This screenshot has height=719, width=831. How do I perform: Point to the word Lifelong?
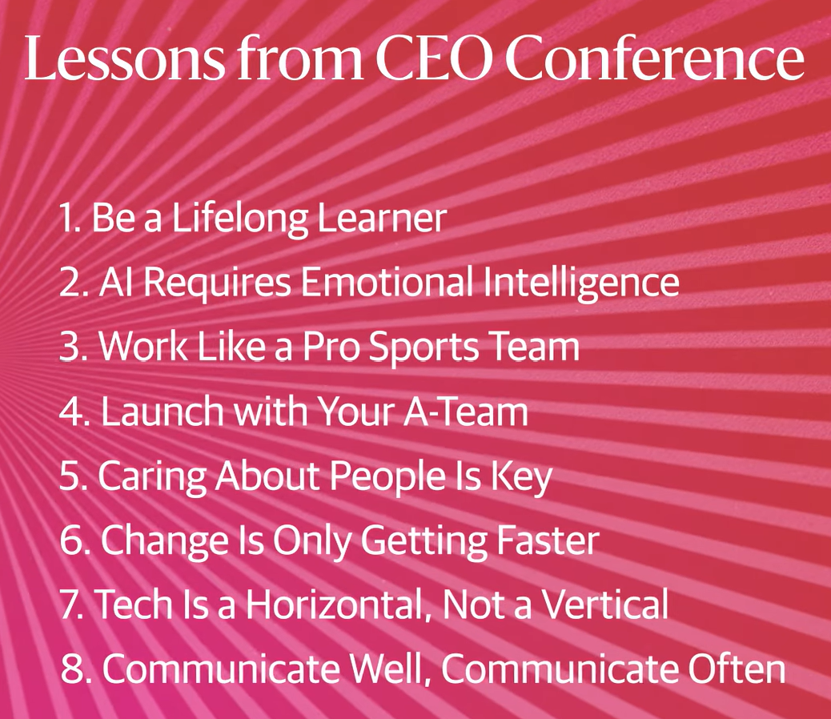click(x=239, y=219)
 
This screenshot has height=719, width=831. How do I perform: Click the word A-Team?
click(x=466, y=412)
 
